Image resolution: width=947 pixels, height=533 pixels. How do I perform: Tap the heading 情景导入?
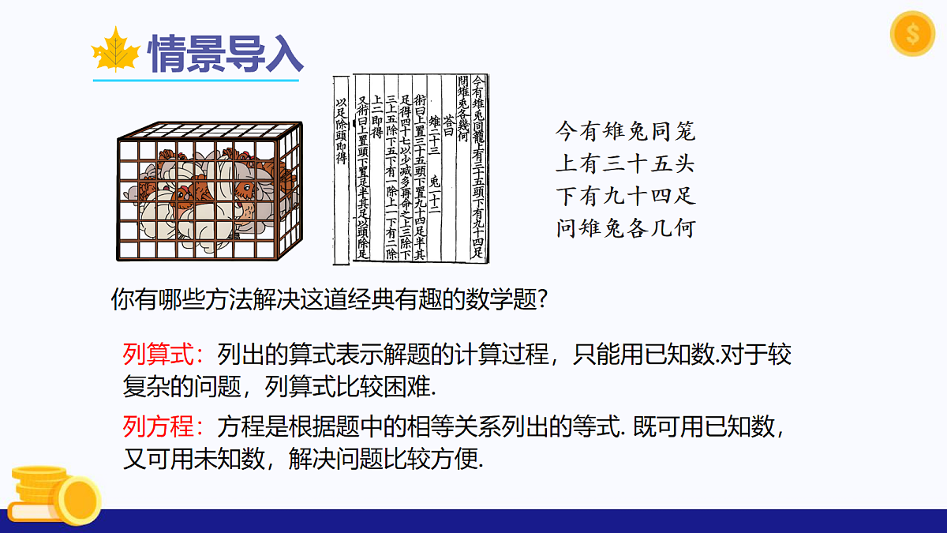click(226, 52)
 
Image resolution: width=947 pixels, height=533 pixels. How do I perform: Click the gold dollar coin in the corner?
click(911, 35)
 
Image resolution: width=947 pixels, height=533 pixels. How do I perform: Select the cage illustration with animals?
click(210, 193)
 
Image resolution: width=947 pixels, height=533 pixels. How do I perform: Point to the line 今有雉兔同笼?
click(625, 130)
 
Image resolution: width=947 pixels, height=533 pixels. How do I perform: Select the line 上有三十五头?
click(625, 163)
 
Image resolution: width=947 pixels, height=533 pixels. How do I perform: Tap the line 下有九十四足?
click(625, 196)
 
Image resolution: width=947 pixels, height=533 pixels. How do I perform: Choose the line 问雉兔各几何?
click(625, 229)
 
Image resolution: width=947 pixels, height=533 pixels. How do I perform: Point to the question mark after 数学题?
click(542, 301)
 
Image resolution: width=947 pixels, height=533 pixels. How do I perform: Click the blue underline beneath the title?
click(196, 80)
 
